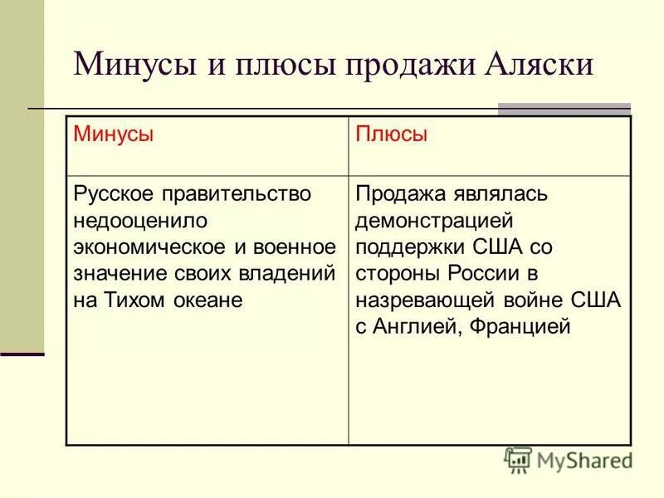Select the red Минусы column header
pos(114,134)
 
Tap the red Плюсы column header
pos(391,134)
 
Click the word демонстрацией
pos(434,221)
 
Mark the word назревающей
pos(423,300)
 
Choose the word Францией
pos(521,327)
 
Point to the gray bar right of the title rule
pos(564,109)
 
